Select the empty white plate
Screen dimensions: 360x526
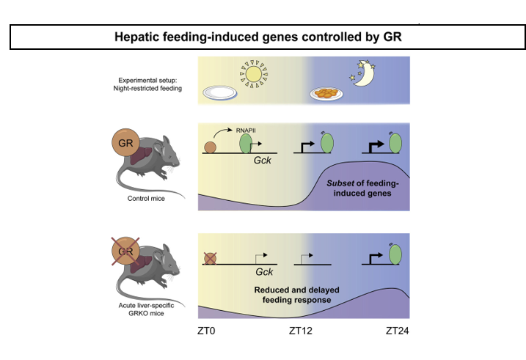pyautogui.click(x=219, y=92)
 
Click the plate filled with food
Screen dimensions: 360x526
pyautogui.click(x=328, y=94)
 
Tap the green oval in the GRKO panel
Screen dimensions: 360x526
pyautogui.click(x=395, y=254)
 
